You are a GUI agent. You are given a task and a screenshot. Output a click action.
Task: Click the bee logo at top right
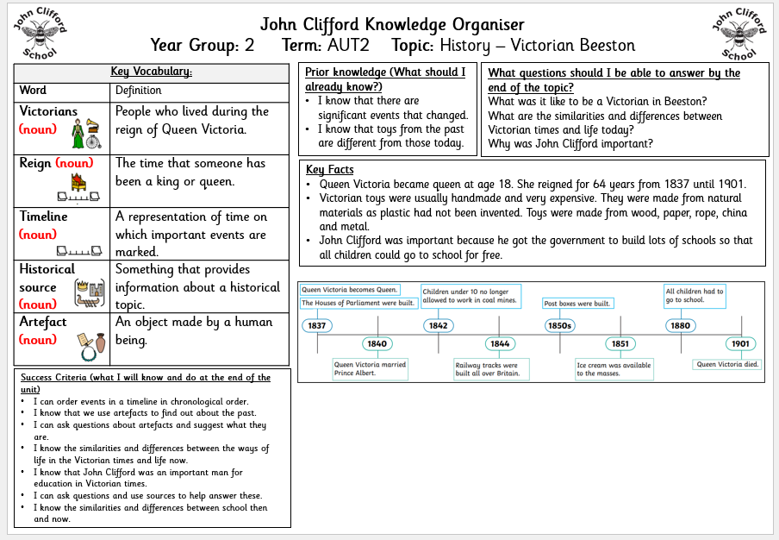[x=738, y=34]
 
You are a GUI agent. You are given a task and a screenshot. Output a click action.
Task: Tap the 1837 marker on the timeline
[x=316, y=326]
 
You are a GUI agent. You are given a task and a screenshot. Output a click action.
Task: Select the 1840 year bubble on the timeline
[x=377, y=343]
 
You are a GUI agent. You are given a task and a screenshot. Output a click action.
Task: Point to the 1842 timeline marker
[x=438, y=326]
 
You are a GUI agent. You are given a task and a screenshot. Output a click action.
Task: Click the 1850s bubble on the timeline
[x=559, y=326]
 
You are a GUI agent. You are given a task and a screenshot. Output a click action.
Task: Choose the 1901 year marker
[x=740, y=343]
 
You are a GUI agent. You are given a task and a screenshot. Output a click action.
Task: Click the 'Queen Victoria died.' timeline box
[x=728, y=365]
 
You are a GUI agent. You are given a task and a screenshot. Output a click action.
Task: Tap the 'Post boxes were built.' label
[x=576, y=304]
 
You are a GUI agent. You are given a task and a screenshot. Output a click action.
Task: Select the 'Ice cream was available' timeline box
[x=614, y=369]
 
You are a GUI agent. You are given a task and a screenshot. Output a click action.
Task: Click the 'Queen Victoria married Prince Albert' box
[x=370, y=369]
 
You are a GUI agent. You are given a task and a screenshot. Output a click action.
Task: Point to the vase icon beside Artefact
[x=100, y=343]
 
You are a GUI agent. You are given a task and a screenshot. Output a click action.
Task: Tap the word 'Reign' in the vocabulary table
[x=36, y=163]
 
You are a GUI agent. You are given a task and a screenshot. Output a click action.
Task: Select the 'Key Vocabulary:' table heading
[x=152, y=72]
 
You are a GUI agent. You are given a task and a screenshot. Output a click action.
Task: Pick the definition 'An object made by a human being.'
[x=194, y=330]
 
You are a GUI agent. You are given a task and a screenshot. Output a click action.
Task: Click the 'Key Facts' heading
[x=330, y=170]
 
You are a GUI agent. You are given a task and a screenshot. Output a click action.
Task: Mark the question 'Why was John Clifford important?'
[x=570, y=144]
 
